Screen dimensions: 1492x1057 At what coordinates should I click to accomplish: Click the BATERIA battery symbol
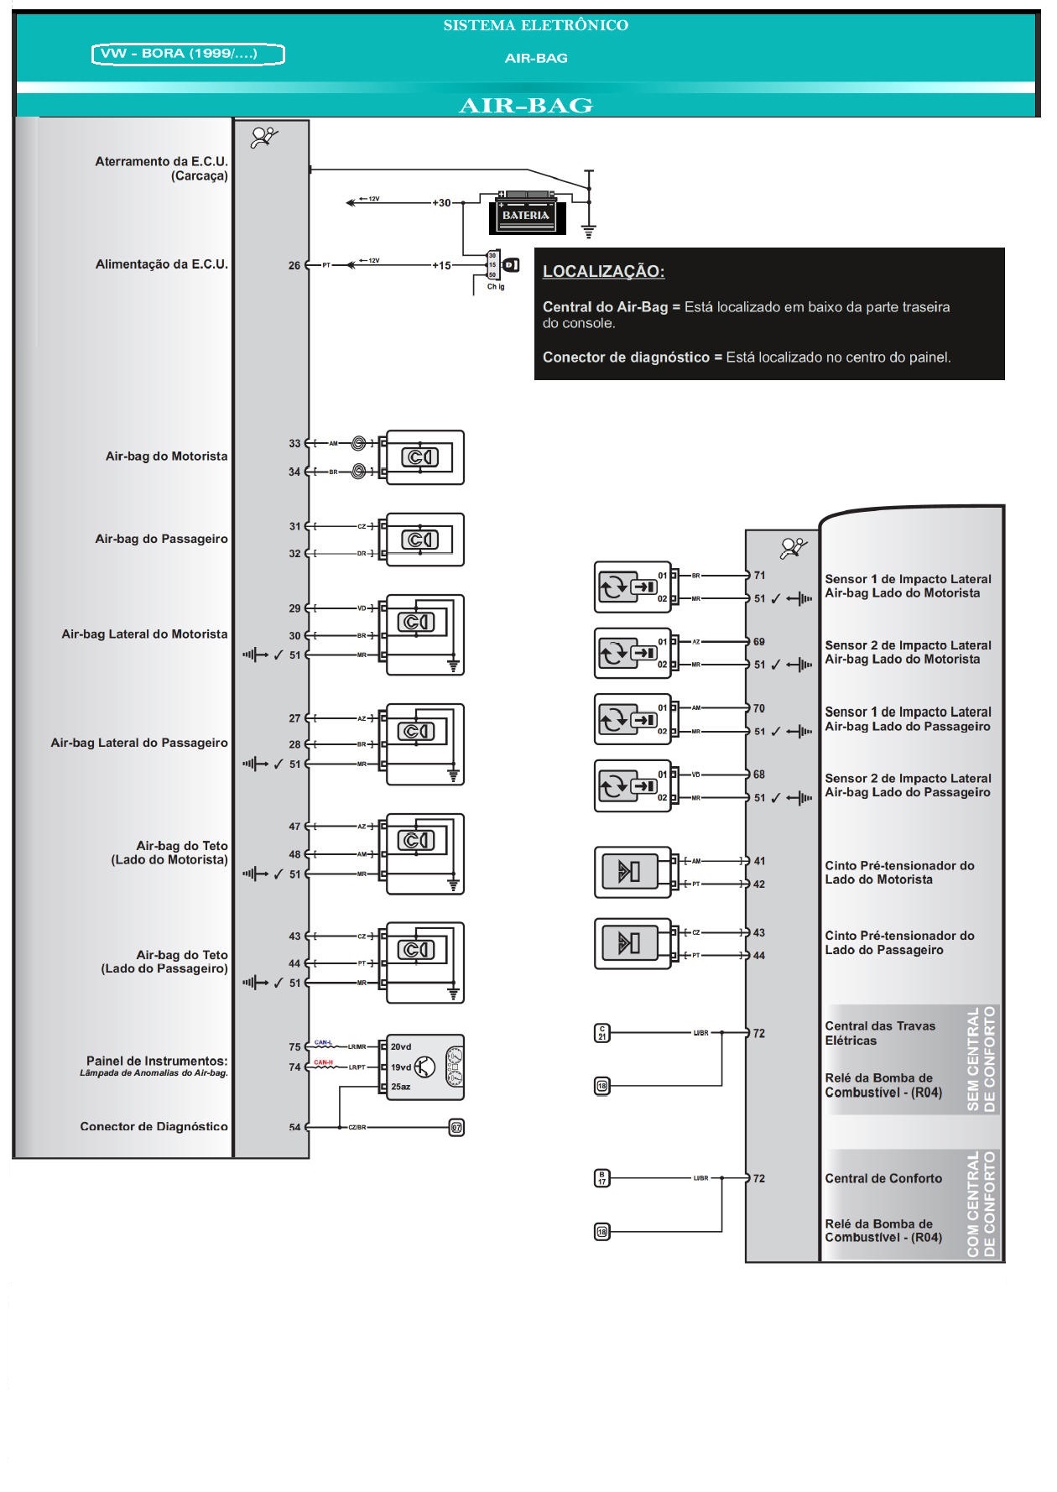[527, 214]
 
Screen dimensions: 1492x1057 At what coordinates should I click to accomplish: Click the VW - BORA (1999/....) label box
[188, 55]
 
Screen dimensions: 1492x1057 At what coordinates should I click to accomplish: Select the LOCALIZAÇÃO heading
[603, 272]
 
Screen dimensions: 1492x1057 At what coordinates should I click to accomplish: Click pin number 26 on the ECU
[294, 265]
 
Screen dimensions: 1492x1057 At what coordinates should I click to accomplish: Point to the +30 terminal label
[441, 203]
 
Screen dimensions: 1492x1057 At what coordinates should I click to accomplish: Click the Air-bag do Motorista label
[166, 456]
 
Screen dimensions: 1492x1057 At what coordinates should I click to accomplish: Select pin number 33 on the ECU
[294, 443]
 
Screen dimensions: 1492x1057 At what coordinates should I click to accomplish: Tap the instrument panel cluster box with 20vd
[424, 1067]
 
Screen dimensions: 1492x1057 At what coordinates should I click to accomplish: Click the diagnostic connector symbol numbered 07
[456, 1127]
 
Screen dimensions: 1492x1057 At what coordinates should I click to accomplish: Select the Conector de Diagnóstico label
[154, 1126]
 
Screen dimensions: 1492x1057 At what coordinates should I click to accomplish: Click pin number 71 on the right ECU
[759, 576]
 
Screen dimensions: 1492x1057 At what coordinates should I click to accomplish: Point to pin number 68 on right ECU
[759, 775]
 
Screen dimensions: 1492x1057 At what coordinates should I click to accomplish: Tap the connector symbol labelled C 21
[601, 1033]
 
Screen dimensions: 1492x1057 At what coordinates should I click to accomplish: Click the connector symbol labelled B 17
[601, 1178]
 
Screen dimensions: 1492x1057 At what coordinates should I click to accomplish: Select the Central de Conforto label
[883, 1178]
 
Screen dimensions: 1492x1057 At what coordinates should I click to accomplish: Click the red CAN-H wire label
[324, 1062]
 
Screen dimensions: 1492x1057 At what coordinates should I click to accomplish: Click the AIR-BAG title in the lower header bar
[526, 106]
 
